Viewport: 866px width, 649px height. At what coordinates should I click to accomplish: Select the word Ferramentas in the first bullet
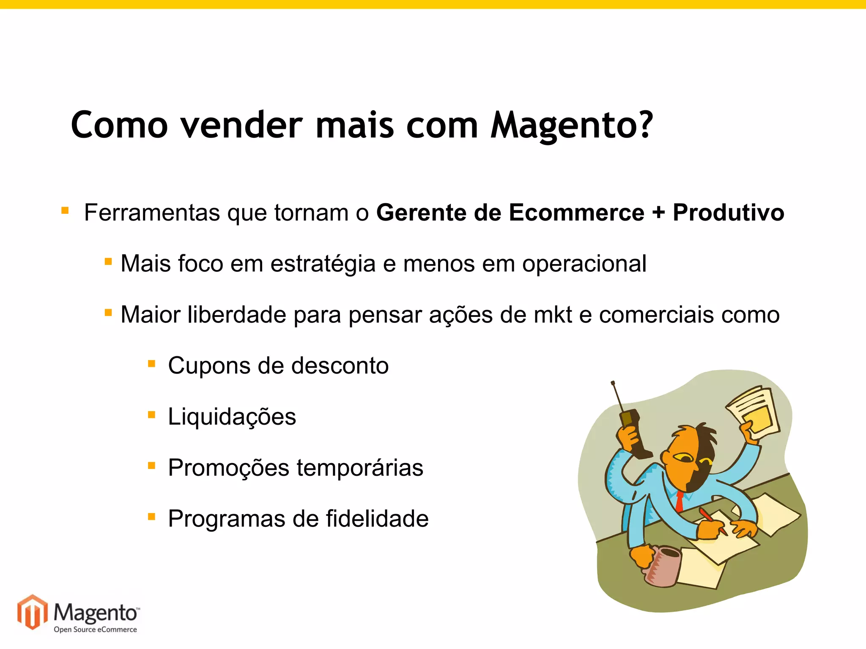click(152, 212)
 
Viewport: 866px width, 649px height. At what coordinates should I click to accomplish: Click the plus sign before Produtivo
click(658, 213)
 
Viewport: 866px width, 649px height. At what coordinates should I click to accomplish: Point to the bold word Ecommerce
click(576, 212)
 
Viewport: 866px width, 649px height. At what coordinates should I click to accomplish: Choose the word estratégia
click(323, 264)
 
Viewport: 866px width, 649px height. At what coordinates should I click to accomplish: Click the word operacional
click(584, 264)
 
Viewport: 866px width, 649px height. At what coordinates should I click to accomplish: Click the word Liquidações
click(232, 417)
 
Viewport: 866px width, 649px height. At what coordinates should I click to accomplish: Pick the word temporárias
click(360, 468)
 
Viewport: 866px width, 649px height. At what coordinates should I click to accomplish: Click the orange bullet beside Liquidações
click(152, 415)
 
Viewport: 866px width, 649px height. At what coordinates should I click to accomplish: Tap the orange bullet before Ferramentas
click(65, 210)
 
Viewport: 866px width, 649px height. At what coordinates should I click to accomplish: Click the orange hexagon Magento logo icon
click(33, 611)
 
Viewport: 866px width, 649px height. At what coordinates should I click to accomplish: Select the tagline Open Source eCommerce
click(95, 630)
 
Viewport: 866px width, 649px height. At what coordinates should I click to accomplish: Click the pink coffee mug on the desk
click(662, 566)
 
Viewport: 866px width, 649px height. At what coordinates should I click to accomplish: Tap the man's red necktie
click(680, 501)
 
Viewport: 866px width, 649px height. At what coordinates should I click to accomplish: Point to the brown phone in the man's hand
click(634, 433)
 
